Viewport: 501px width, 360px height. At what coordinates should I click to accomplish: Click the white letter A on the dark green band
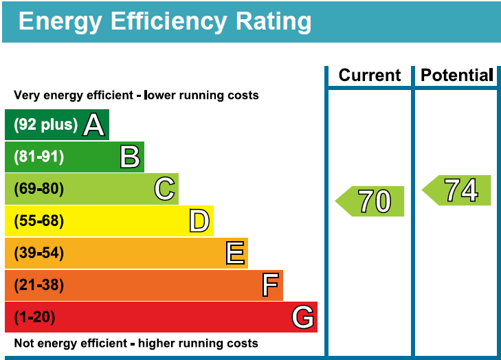click(x=93, y=124)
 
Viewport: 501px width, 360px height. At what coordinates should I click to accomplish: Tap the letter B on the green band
click(x=130, y=157)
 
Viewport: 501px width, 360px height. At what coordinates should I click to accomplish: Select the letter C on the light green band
click(x=164, y=189)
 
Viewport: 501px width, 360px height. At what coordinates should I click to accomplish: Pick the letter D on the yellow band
click(x=199, y=221)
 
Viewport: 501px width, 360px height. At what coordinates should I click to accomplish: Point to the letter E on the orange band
click(x=235, y=254)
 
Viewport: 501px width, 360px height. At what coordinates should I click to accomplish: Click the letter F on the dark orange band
click(x=270, y=285)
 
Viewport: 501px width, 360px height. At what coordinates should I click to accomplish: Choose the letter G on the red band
click(x=302, y=317)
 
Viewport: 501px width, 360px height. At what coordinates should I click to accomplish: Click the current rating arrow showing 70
click(x=371, y=201)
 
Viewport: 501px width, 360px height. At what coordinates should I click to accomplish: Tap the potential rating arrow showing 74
click(x=458, y=190)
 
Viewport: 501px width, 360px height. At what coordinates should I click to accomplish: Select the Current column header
click(x=369, y=76)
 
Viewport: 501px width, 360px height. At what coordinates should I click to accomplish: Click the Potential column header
click(x=456, y=76)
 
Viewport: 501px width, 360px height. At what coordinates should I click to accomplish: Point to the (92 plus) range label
click(x=45, y=125)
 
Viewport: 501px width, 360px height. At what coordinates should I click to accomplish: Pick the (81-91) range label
click(x=39, y=157)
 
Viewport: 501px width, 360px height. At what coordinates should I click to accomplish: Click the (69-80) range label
click(x=39, y=189)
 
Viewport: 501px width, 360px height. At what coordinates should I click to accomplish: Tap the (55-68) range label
click(x=39, y=221)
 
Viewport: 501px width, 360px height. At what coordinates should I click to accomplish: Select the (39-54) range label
click(x=39, y=254)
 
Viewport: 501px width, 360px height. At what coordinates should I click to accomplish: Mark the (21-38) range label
click(x=39, y=285)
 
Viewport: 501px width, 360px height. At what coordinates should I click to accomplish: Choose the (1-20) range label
click(x=34, y=317)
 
